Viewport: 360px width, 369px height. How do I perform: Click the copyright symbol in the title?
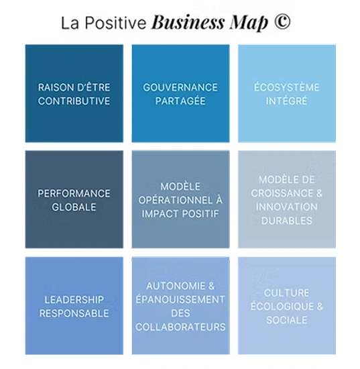click(x=282, y=21)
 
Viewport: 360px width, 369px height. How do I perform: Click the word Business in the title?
click(x=188, y=22)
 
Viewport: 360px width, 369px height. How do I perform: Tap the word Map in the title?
click(x=249, y=23)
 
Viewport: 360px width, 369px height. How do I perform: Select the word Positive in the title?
click(x=115, y=23)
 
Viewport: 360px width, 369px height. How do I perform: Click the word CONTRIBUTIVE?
click(x=74, y=101)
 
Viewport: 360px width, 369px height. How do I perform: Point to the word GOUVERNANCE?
click(x=180, y=87)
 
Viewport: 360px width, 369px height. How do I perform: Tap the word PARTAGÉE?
click(x=180, y=101)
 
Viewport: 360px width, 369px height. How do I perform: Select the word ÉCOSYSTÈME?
click(x=287, y=87)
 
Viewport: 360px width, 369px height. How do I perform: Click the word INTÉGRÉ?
click(x=287, y=100)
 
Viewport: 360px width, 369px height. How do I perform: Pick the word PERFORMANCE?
click(x=74, y=193)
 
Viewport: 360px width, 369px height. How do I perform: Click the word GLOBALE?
click(x=74, y=207)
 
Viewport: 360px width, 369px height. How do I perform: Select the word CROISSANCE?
click(x=282, y=193)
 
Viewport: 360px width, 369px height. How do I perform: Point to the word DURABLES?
click(x=287, y=221)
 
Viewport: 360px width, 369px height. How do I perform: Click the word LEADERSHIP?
click(x=74, y=300)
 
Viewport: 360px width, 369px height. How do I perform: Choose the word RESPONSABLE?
click(x=74, y=313)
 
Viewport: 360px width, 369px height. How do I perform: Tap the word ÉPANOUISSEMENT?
click(x=180, y=299)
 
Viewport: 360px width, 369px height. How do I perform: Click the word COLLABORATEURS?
click(x=180, y=327)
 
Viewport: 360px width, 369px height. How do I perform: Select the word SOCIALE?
click(x=287, y=320)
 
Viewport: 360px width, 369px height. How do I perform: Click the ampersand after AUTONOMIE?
click(x=211, y=286)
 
